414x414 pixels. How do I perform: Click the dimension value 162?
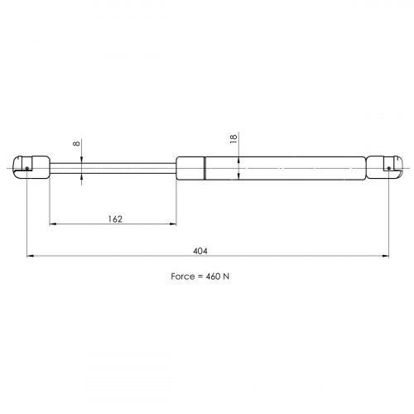[x=115, y=219]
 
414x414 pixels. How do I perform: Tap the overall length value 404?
[x=200, y=251]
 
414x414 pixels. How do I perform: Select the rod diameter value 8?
[x=76, y=143]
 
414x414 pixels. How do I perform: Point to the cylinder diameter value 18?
[x=233, y=138]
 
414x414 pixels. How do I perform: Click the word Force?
[x=182, y=277]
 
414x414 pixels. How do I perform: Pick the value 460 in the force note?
[x=213, y=277]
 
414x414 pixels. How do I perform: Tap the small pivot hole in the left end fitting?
[x=27, y=168]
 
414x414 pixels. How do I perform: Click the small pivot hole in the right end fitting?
[x=388, y=168]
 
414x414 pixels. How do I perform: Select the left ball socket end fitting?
[x=31, y=168]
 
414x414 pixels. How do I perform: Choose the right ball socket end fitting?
[x=384, y=168]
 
